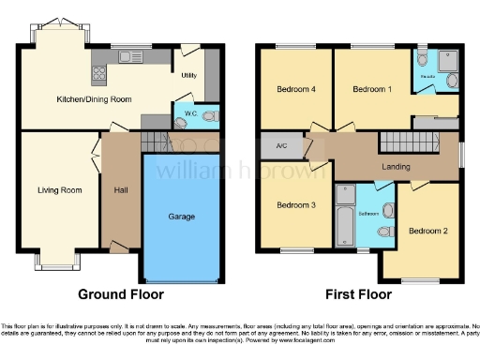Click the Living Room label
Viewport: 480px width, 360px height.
tap(59, 190)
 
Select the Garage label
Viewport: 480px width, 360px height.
tap(182, 217)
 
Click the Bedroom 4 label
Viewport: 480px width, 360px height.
tap(295, 90)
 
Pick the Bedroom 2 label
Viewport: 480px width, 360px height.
tap(427, 230)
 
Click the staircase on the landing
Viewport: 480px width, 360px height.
tap(409, 143)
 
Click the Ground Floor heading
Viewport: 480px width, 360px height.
tap(120, 293)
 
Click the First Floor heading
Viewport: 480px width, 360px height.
tap(360, 293)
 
